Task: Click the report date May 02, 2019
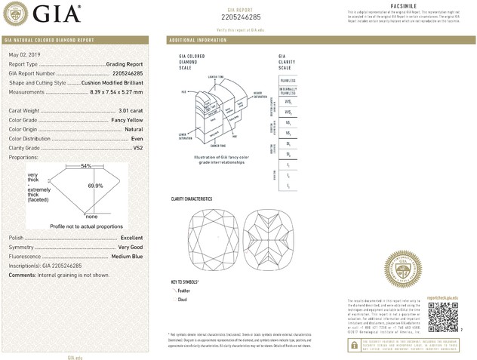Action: pos(24,56)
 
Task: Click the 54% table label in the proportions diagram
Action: pos(86,165)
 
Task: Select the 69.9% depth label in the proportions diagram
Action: pos(95,185)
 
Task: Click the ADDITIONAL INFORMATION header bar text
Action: pos(198,39)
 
